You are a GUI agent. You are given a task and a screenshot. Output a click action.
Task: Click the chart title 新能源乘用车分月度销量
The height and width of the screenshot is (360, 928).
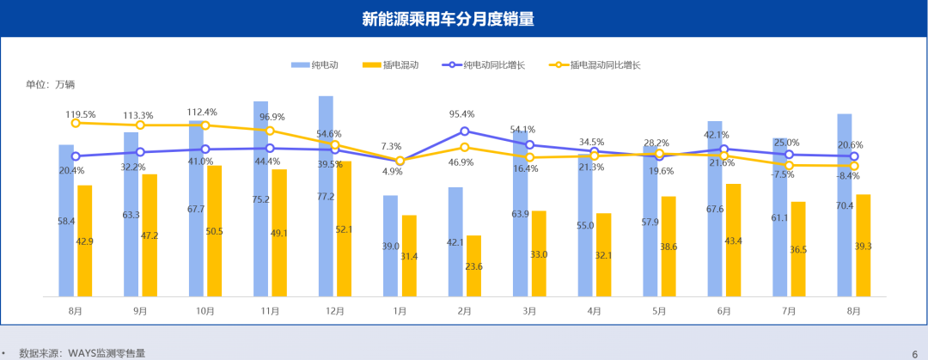[464, 19]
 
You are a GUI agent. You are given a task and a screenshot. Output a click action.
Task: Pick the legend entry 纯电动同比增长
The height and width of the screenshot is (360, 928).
[484, 64]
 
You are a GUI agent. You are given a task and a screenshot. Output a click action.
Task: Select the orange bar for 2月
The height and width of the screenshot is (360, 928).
[473, 265]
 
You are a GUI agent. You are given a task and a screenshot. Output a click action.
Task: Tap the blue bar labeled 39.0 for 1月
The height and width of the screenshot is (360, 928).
[390, 246]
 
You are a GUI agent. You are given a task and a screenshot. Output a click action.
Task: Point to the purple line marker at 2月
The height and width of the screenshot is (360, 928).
[465, 131]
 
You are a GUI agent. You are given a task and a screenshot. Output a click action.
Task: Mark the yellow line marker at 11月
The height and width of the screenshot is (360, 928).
[270, 131]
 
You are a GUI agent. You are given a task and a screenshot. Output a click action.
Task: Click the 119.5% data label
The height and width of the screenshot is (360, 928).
[81, 113]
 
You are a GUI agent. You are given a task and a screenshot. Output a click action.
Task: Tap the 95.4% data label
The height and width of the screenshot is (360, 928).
[463, 113]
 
